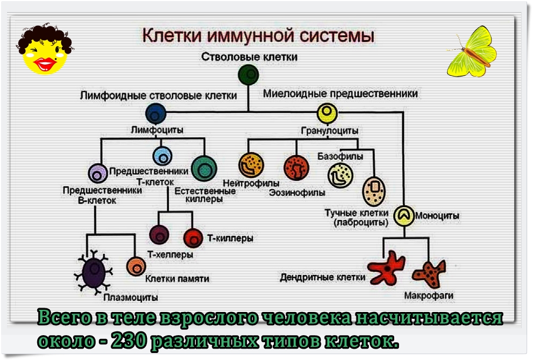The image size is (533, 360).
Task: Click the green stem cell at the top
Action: (248, 74)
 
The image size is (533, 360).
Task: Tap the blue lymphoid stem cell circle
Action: (156, 113)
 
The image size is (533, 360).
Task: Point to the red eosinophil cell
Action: (295, 167)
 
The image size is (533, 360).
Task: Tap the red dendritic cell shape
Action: (386, 267)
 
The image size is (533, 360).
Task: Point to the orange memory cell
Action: (136, 266)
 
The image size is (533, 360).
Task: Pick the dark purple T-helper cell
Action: (159, 235)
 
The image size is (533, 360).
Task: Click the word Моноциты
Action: (437, 216)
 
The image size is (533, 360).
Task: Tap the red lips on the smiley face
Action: (43, 64)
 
